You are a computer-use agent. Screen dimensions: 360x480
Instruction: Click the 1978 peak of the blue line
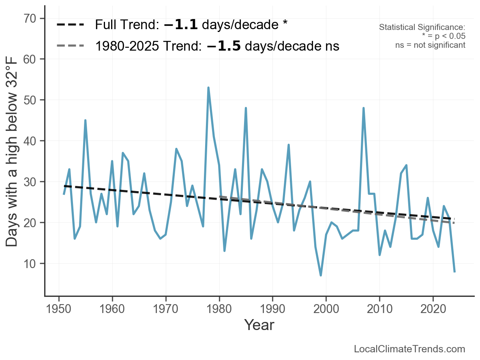[x=208, y=87]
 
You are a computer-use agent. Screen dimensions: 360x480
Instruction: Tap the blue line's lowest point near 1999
[x=321, y=275]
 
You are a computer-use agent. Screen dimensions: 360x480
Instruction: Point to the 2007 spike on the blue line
[x=363, y=108]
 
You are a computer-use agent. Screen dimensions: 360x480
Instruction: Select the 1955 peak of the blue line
[x=85, y=120]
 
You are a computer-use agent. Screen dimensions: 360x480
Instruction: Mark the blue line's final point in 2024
[x=454, y=271]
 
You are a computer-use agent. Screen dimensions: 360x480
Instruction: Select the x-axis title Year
[x=259, y=325]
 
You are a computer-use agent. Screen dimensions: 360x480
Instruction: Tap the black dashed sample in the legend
[x=70, y=25]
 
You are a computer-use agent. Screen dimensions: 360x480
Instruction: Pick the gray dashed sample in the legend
[x=70, y=45]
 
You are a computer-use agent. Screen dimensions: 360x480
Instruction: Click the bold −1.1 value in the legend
[x=181, y=25]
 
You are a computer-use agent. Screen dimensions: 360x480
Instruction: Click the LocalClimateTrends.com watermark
[x=409, y=349]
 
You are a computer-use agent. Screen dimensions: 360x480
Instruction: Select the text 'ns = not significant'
[x=430, y=45]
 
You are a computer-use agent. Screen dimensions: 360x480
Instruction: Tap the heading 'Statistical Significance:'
[x=422, y=27]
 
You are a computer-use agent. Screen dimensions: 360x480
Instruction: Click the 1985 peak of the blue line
[x=246, y=108]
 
